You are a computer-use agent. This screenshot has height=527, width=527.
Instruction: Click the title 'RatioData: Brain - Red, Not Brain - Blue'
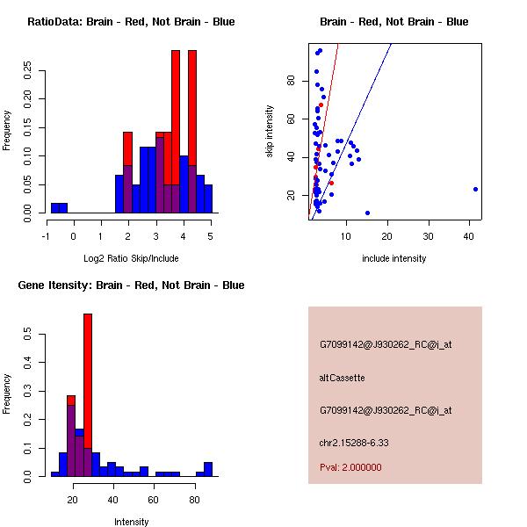pyautogui.click(x=131, y=22)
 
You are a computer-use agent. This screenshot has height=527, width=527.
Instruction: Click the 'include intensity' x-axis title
pyautogui.click(x=393, y=258)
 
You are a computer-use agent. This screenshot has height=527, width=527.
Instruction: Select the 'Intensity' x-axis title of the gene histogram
pyautogui.click(x=131, y=522)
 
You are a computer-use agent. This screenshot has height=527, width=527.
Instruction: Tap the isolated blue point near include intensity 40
pyautogui.click(x=475, y=189)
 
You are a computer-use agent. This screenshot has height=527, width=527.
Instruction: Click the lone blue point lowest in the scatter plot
pyautogui.click(x=367, y=213)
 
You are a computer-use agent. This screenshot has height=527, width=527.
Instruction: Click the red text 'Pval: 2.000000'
pyautogui.click(x=350, y=467)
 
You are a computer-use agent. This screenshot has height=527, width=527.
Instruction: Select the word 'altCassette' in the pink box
pyautogui.click(x=342, y=378)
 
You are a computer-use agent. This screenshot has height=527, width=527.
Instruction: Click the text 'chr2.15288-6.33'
pyautogui.click(x=354, y=443)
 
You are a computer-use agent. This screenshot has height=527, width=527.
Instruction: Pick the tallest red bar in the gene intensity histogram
pyautogui.click(x=88, y=394)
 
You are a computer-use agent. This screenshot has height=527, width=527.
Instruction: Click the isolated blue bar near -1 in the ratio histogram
pyautogui.click(x=59, y=207)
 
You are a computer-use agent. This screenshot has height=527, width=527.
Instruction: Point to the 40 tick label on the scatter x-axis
pyautogui.click(x=469, y=236)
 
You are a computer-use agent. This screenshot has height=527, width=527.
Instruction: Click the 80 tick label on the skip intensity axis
pyautogui.click(x=291, y=80)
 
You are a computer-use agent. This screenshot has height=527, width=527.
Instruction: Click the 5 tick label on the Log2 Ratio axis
pyautogui.click(x=211, y=236)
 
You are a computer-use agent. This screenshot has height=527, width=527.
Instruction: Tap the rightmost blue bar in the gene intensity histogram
pyautogui.click(x=208, y=469)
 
